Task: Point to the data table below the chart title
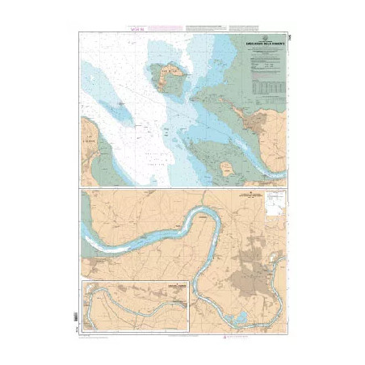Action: point(267,84)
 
